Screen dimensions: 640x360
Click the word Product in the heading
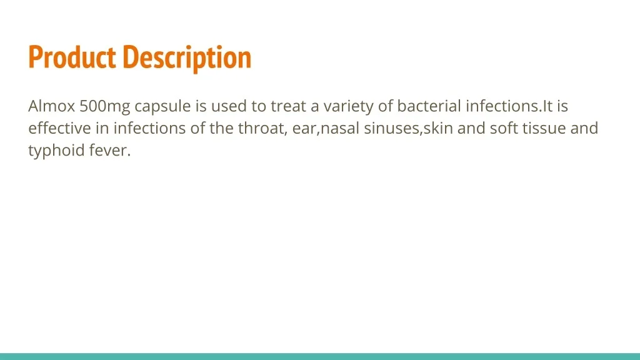pos(72,57)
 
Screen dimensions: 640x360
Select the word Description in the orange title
pos(187,58)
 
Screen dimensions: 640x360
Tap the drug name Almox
pos(51,106)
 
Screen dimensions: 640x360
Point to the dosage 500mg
pos(105,107)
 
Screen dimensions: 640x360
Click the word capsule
pos(162,107)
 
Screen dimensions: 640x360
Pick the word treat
pos(288,106)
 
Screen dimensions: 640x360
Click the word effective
pos(60,128)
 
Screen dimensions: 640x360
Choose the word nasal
pos(341,128)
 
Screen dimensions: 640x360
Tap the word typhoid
pos(56,151)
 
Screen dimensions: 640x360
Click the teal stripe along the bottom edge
pos(320,356)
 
